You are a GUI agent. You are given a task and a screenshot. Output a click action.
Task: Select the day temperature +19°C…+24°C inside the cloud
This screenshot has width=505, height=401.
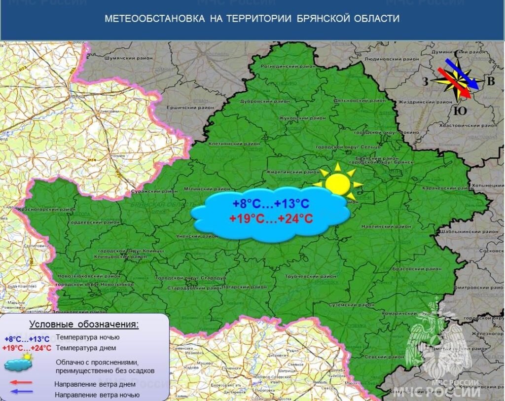(x=271, y=219)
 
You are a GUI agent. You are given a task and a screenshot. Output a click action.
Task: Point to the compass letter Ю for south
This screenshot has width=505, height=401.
(x=459, y=111)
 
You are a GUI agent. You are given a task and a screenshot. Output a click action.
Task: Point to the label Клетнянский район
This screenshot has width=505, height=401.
(x=228, y=145)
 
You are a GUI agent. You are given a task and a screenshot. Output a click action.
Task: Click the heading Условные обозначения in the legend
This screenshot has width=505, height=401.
(x=84, y=325)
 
